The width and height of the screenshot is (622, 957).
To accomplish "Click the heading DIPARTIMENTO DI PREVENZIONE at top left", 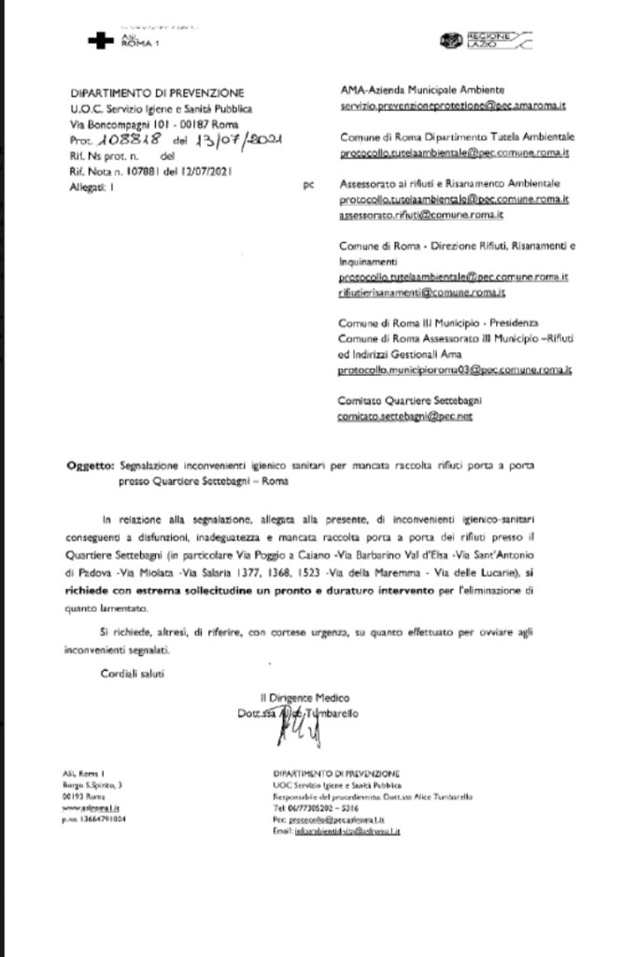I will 157,93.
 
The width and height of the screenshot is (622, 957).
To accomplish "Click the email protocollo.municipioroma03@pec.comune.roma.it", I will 455,370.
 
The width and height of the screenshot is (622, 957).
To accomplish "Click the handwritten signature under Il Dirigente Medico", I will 286,732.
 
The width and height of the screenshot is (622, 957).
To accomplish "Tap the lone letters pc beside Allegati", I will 308,186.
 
